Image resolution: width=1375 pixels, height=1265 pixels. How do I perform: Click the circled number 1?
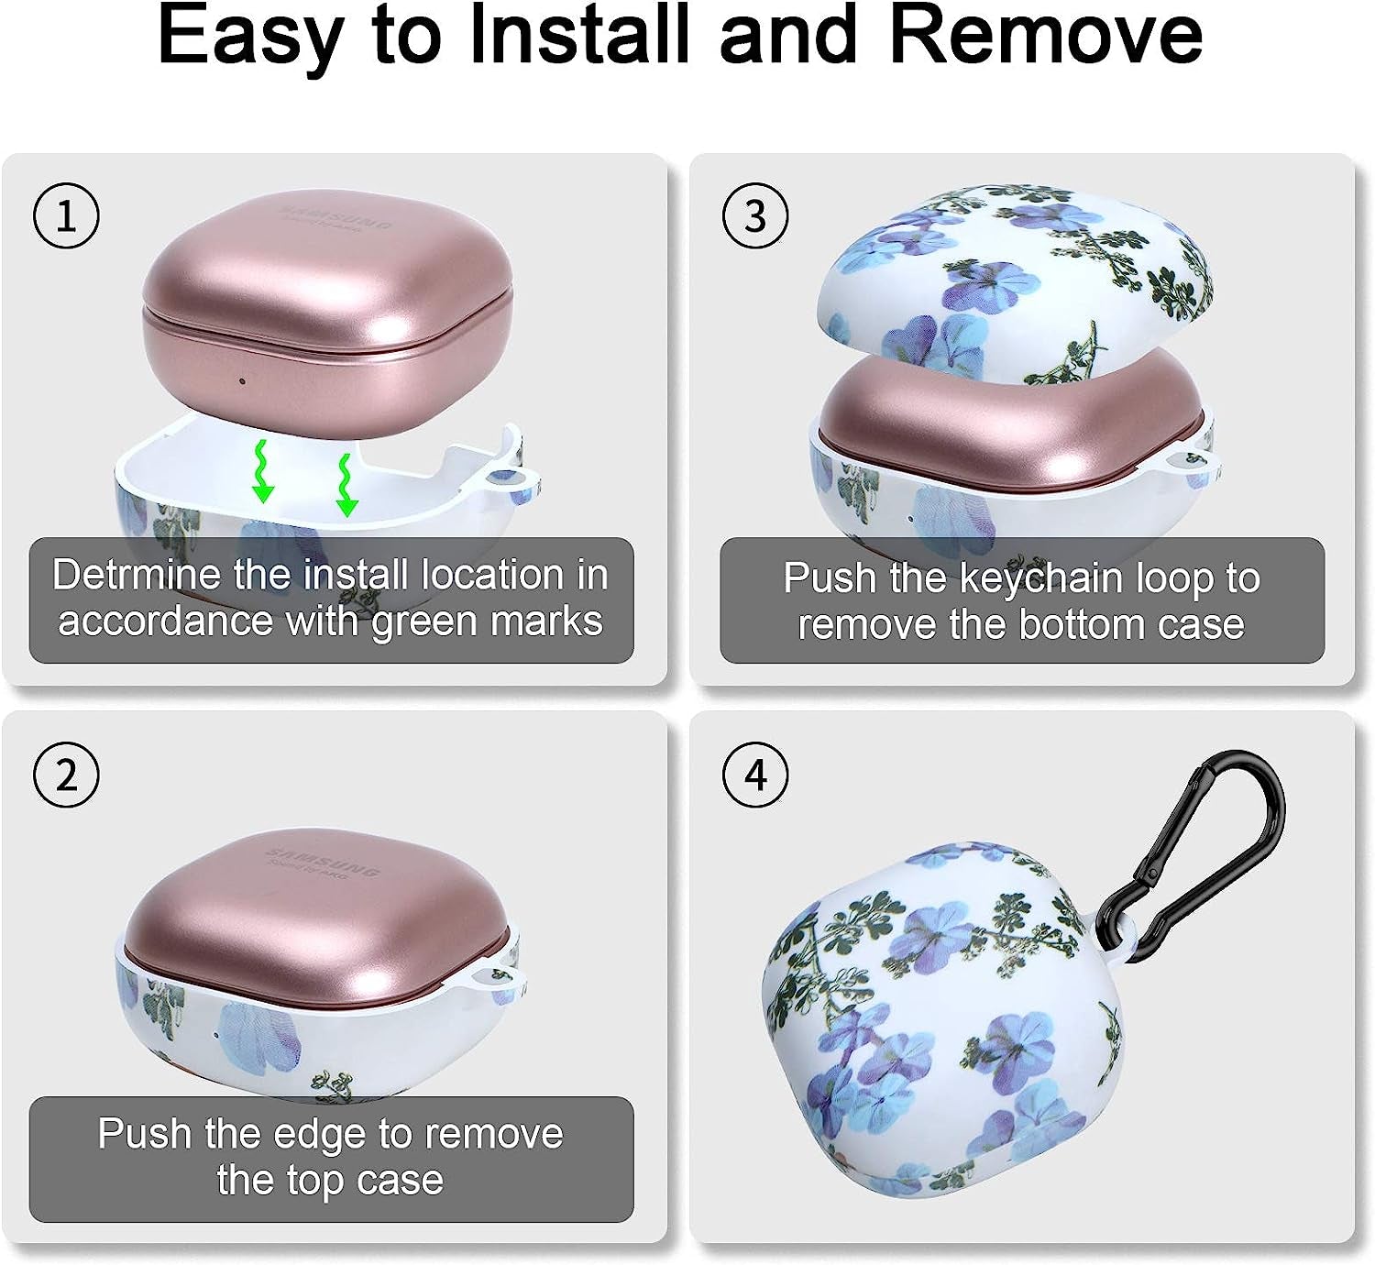[x=67, y=216]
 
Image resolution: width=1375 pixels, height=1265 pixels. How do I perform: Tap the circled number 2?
[x=67, y=775]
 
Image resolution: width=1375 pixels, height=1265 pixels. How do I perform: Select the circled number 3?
[x=755, y=216]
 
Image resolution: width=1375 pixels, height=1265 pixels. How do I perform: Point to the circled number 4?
[x=755, y=775]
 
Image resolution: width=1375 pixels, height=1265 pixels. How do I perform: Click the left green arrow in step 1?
[x=262, y=472]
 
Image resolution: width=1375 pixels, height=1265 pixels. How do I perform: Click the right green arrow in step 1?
[x=346, y=486]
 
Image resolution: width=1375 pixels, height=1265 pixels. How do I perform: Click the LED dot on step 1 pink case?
[x=242, y=380]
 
